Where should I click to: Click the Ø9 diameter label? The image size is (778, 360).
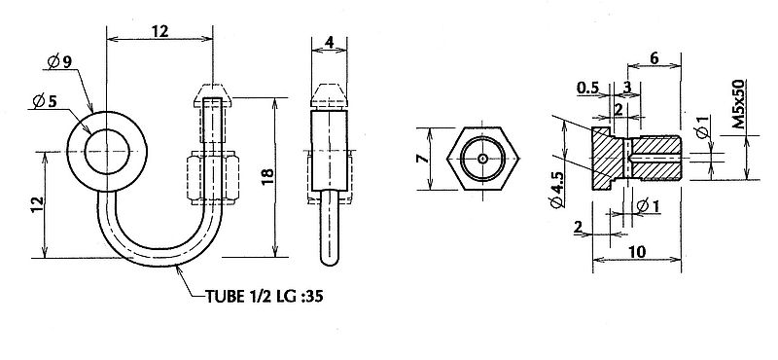tap(59, 62)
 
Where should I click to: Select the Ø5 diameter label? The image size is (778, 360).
tap(45, 101)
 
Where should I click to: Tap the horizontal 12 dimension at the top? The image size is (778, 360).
tap(159, 31)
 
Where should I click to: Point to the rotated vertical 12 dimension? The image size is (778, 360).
tap(38, 205)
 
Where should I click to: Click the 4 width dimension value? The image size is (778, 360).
tap(329, 42)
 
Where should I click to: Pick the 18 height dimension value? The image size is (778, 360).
tap(266, 177)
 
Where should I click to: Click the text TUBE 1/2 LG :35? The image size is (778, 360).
tap(265, 297)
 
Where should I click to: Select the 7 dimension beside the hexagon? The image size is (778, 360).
tap(423, 160)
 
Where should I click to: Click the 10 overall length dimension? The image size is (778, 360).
tap(637, 252)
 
